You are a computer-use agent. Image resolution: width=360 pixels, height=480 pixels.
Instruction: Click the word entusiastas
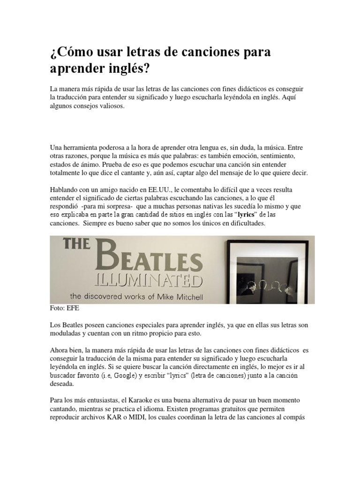(100, 401)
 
